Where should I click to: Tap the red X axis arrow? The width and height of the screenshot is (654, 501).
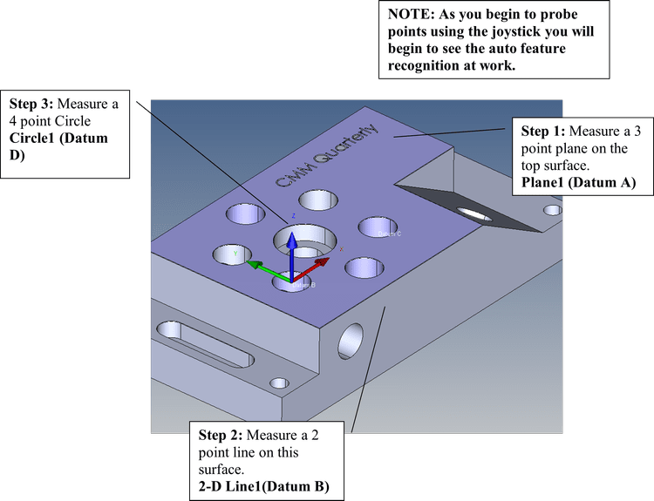pyautogui.click(x=315, y=261)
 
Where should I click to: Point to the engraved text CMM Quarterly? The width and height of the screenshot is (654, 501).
pyautogui.click(x=326, y=157)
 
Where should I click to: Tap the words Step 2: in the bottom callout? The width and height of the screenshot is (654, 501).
pyautogui.click(x=221, y=435)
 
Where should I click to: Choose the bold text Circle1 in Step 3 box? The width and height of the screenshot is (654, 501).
pyautogui.click(x=34, y=138)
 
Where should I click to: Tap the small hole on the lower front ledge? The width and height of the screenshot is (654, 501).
pyautogui.click(x=280, y=383)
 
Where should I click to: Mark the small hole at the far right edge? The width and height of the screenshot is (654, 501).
pyautogui.click(x=552, y=210)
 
